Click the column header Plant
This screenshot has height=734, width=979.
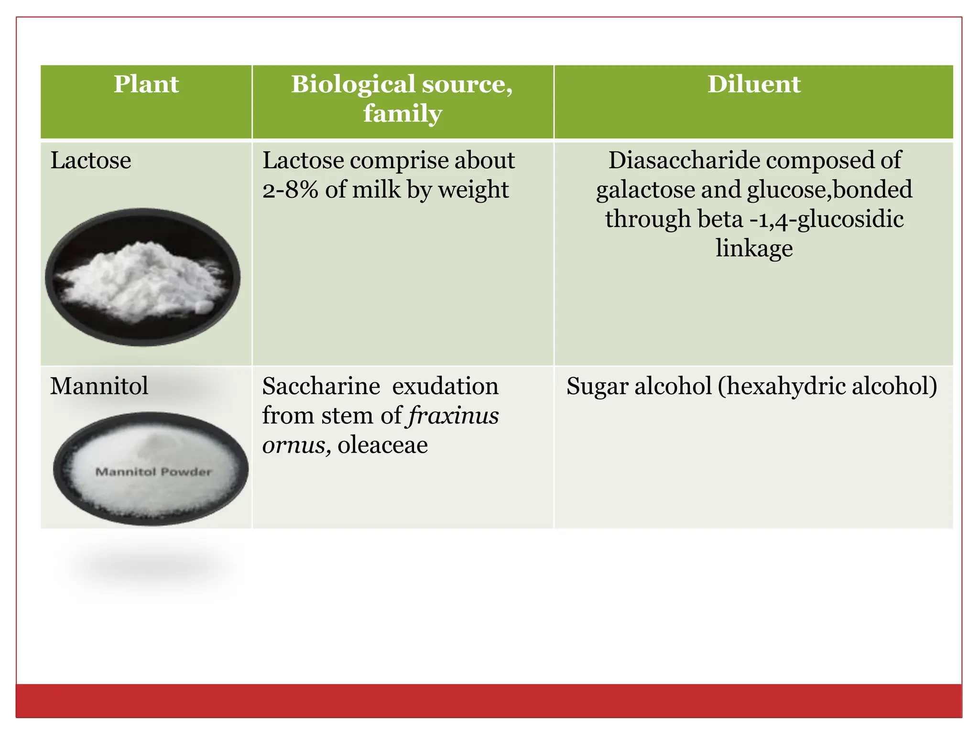(146, 85)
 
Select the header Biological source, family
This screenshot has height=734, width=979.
(402, 98)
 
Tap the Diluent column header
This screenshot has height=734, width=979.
(754, 85)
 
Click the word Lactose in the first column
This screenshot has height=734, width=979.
(90, 160)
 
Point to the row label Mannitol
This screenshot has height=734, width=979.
(99, 386)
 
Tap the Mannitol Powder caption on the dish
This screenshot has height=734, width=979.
(153, 472)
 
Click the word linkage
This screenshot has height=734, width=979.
(754, 248)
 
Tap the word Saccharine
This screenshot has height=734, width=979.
(321, 386)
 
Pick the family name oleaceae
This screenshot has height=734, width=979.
(382, 445)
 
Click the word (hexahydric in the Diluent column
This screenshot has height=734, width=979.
(781, 386)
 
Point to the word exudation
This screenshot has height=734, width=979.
(445, 386)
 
